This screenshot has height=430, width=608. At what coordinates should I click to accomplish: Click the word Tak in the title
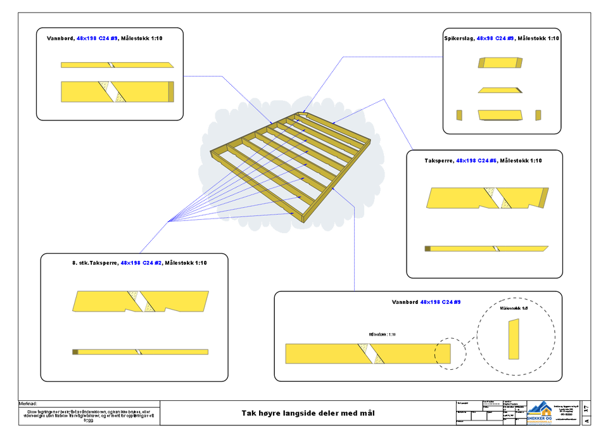tap(248, 414)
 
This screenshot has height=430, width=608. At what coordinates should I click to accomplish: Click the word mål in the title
tap(368, 414)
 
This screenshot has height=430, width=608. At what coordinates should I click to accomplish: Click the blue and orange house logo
tap(540, 412)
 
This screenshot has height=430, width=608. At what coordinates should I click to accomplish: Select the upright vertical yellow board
tap(514, 339)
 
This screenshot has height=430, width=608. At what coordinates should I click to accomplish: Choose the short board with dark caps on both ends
tap(500, 63)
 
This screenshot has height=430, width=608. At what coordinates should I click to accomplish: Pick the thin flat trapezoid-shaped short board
tap(500, 91)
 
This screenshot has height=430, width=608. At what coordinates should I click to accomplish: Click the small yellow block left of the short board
tap(459, 115)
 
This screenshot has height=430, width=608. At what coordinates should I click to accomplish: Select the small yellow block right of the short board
tap(538, 115)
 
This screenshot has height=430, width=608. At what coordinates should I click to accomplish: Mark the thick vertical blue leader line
tap(355, 253)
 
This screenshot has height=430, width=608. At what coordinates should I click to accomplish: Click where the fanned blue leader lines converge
tap(172, 221)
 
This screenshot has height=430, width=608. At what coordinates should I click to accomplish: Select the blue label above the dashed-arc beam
tap(441, 302)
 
